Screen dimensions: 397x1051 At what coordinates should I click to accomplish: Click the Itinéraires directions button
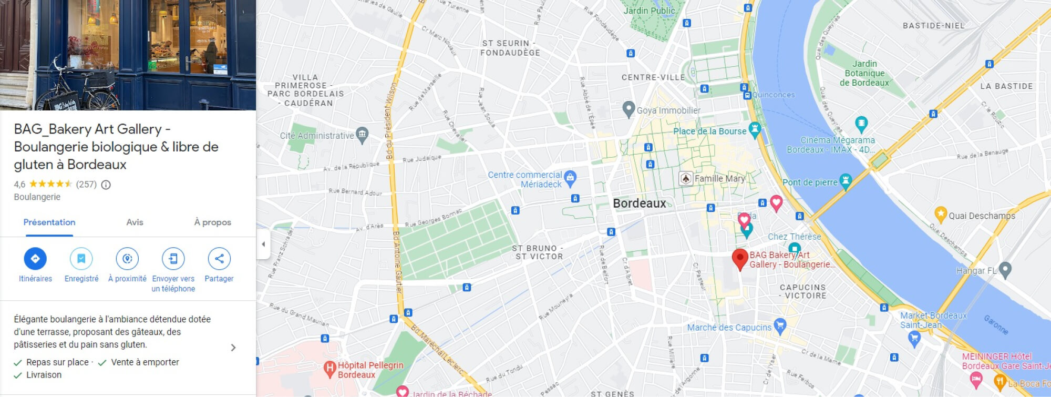coord(35,259)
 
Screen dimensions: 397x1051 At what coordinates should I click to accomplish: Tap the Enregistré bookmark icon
coord(81,259)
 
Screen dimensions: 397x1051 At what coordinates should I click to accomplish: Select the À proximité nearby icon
coord(127,259)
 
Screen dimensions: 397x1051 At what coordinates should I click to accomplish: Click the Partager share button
coord(219,259)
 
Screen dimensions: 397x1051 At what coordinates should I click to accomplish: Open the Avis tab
coord(135,222)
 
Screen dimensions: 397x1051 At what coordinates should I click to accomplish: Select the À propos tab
coord(212,222)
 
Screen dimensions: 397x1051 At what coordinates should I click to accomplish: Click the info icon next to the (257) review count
coord(106,185)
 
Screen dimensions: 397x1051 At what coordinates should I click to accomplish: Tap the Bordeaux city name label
coord(639,203)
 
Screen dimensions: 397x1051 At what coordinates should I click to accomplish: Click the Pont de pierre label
coord(810,182)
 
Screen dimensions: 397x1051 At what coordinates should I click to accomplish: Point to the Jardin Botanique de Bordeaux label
coord(864,73)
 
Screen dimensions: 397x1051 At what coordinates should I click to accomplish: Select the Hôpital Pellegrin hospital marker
coord(329,369)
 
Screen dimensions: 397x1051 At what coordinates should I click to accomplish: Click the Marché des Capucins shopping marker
coord(780,326)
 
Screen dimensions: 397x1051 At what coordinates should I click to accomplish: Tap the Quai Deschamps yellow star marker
coord(941,214)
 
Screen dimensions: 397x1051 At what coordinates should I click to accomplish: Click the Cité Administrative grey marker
coord(362,135)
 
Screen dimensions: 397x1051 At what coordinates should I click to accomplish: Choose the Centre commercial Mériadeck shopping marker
coord(570,178)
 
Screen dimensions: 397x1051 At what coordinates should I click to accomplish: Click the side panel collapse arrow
coord(263,244)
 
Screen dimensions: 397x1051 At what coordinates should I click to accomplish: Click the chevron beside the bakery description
coord(233,348)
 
